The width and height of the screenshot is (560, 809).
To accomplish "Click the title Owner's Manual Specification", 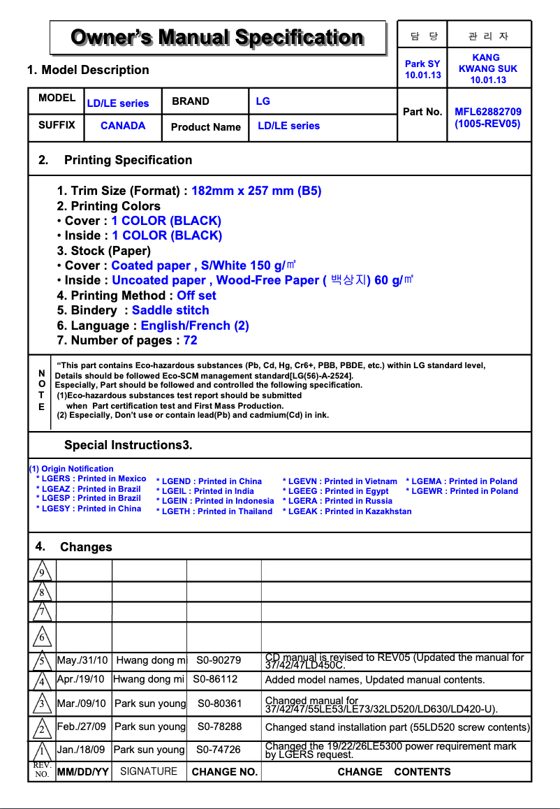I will pos(217,37).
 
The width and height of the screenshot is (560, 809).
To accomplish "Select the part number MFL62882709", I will pos(487,112).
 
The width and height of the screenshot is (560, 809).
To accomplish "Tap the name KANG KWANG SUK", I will pos(487,68).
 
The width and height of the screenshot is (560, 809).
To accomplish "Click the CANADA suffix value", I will pos(123,126).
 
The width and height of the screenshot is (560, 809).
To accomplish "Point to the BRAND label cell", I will pos(191,101).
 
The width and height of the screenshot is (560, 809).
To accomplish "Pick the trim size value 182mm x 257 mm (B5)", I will pos(256,191).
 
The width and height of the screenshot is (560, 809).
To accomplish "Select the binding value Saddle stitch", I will pos(170,310).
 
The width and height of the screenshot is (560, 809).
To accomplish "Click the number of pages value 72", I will pos(190,340).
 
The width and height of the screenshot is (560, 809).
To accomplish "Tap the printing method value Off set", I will pos(196,296).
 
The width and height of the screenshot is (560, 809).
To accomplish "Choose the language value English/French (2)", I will pos(195,326).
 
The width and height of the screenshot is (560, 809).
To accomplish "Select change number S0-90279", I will pos(219,660).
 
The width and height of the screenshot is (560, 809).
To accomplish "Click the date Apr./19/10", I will pos(81,679).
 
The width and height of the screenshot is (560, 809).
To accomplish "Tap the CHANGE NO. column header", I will pos(225,772).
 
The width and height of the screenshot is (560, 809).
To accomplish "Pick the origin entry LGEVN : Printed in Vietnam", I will pos(340,481).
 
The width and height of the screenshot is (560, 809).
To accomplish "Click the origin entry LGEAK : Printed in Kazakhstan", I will pos(347,511).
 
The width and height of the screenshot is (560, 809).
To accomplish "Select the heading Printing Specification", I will pos(128,160).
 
